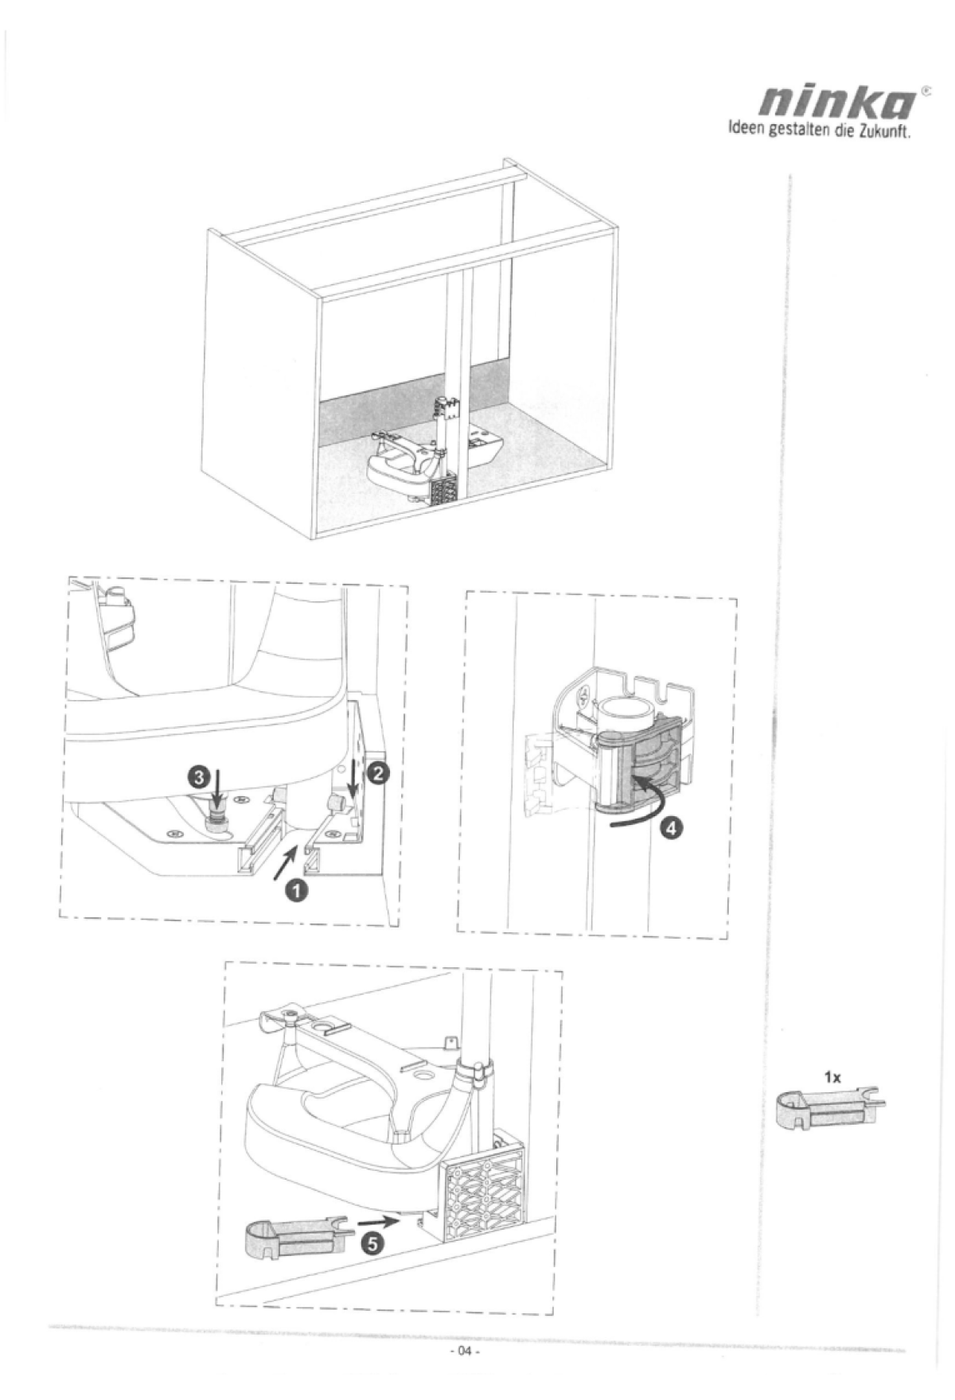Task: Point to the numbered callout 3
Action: (197, 774)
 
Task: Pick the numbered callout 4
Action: (672, 828)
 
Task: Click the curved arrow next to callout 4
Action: (637, 804)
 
